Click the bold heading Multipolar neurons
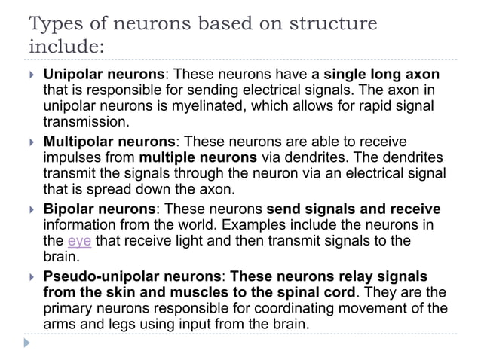pyautogui.click(x=109, y=142)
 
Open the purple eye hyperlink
pyautogui.click(x=79, y=241)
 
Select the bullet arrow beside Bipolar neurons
pyautogui.click(x=31, y=209)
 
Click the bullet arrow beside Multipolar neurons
pyautogui.click(x=31, y=142)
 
